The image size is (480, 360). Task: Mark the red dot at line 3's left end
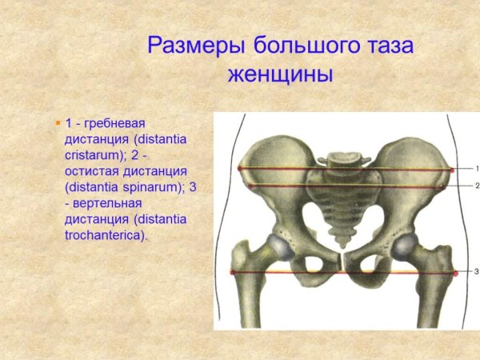[x=233, y=273]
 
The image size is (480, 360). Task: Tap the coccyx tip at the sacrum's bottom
[x=345, y=240]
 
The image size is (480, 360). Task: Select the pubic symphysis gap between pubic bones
[x=342, y=261]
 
